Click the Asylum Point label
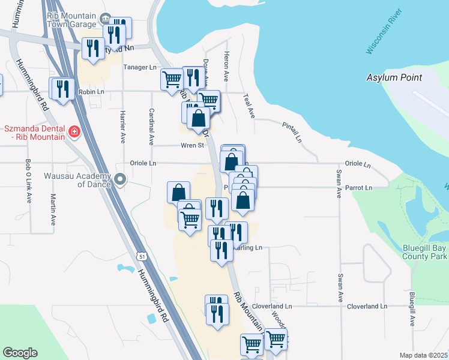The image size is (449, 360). [394, 77]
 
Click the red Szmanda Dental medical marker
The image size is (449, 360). [74, 131]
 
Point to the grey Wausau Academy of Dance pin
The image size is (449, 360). [120, 179]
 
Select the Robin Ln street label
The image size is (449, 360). [91, 92]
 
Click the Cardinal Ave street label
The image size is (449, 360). [152, 127]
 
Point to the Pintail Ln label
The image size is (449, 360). [292, 131]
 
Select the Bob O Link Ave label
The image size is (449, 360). [28, 181]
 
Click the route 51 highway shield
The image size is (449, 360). [141, 256]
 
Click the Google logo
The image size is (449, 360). [20, 353]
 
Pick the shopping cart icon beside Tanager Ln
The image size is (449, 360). [172, 79]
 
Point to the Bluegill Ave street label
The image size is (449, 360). [412, 309]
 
